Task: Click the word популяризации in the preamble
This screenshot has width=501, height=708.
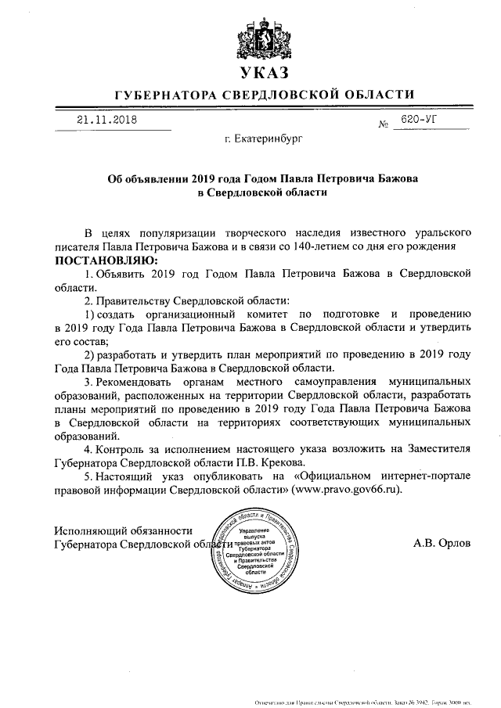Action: [x=163, y=233]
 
